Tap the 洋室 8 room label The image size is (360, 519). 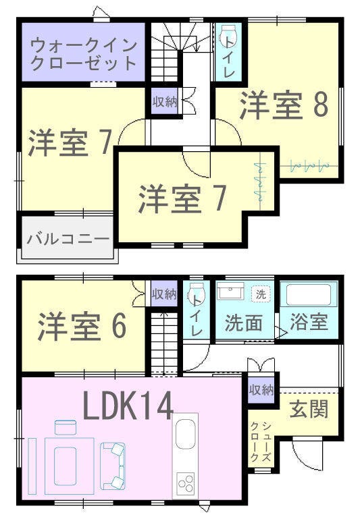pos(284,105)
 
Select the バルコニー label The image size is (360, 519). pos(68,239)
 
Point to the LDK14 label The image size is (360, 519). pos(128,405)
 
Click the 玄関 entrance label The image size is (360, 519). pos(309,409)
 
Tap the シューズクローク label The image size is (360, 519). pos(261,441)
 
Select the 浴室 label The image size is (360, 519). pos(309,321)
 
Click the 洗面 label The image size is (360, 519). pos(244,323)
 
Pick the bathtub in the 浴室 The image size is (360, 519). pos(309,294)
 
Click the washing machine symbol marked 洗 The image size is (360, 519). pos(261,294)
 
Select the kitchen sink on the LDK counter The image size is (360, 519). pos(185,433)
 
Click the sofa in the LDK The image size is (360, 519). pos(113,466)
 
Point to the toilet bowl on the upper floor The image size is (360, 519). pos(228,36)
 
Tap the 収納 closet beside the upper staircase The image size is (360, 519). pos(165,102)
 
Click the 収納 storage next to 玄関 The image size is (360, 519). pos(261,391)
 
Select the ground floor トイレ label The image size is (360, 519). pos(197,315)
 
